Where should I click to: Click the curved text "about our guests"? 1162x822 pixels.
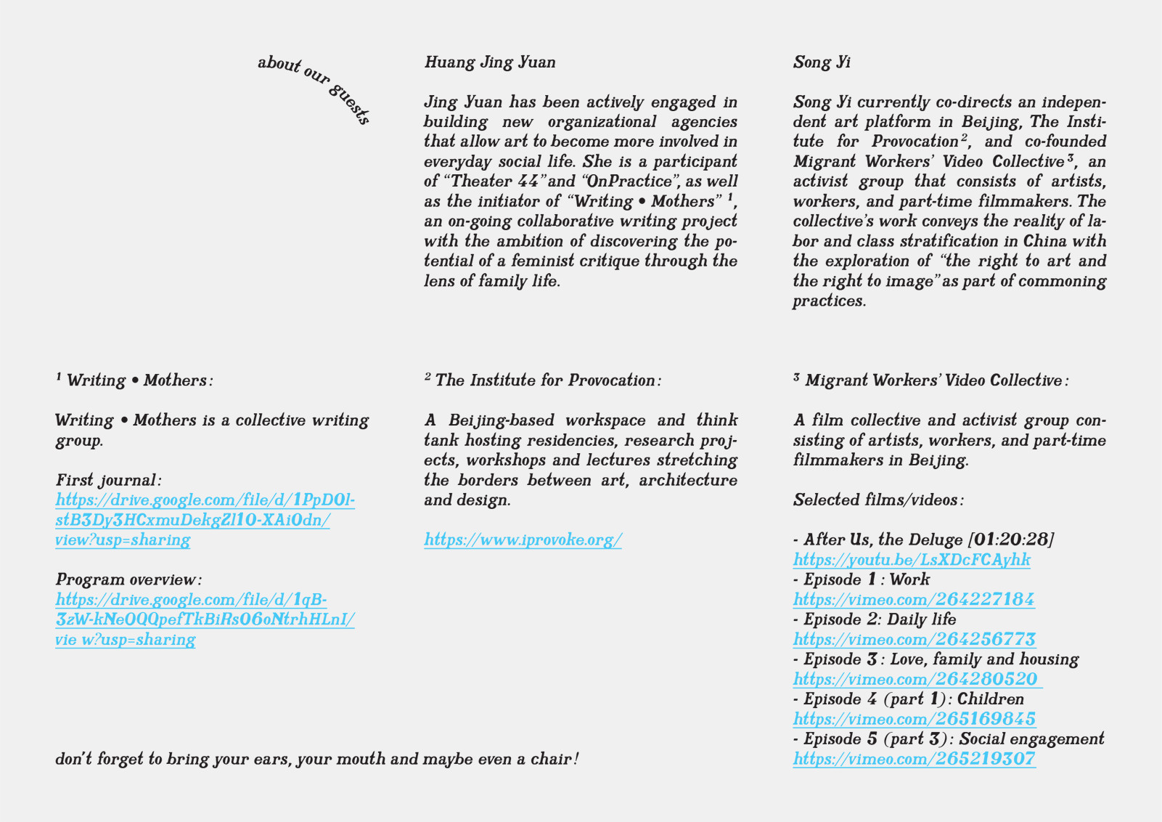point(314,88)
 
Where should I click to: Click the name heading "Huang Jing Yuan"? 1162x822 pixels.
point(490,62)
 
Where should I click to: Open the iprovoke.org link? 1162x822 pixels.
point(523,540)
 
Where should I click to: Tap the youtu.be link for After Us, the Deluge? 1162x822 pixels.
point(912,560)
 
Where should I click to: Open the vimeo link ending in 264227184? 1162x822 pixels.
point(913,600)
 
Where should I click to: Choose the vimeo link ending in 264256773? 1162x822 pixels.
point(914,640)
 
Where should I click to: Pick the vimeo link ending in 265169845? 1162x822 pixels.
point(914,720)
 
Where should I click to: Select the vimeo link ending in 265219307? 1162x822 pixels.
point(914,760)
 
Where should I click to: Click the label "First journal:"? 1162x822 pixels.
point(108,481)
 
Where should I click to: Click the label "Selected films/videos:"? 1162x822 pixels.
point(878,500)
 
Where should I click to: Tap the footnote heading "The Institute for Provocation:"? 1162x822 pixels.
point(548,381)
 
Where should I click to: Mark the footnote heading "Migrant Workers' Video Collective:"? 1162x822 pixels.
point(936,381)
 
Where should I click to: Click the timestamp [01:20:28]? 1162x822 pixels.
point(1011,540)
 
